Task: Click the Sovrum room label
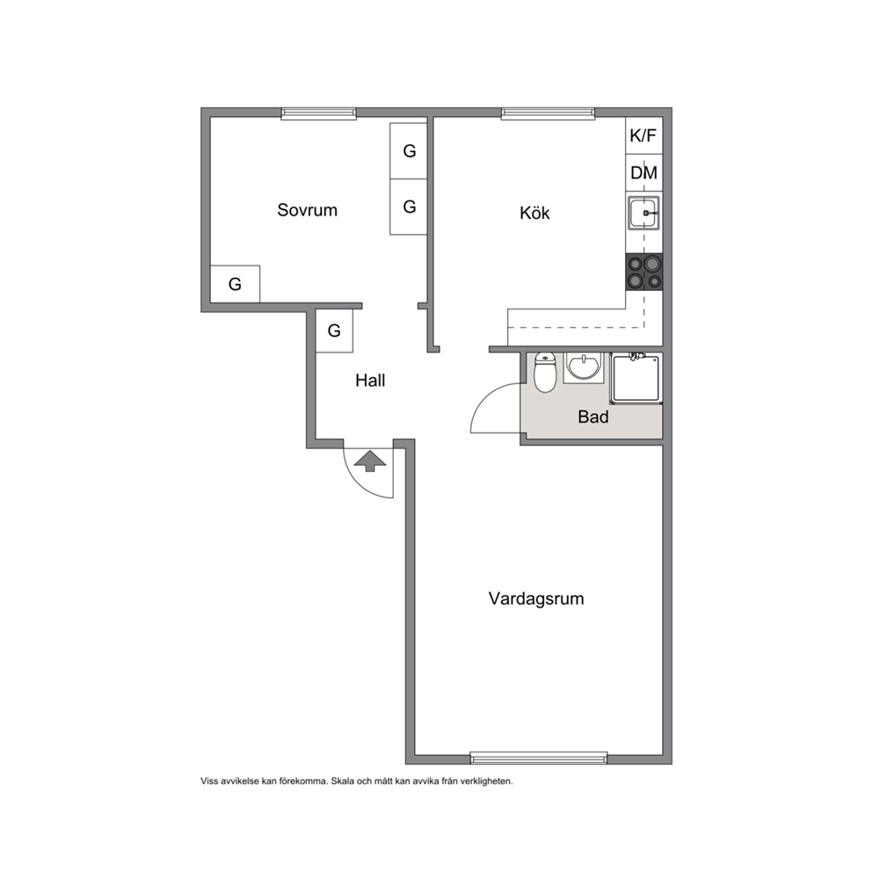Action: [x=307, y=210]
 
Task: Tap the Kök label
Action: [x=534, y=213]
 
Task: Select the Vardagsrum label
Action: [x=536, y=599]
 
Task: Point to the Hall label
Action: [x=370, y=381]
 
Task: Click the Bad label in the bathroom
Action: [x=592, y=417]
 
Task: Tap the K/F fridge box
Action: [x=644, y=135]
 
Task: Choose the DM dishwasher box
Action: [x=644, y=173]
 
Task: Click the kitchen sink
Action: [x=644, y=213]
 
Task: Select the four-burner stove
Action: [x=644, y=272]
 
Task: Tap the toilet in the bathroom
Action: [x=544, y=374]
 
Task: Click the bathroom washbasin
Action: [x=583, y=367]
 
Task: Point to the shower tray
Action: [x=636, y=378]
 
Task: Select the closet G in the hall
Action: [x=334, y=331]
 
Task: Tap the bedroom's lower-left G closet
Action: [x=235, y=284]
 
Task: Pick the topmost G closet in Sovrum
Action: [x=409, y=150]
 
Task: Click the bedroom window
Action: [x=319, y=113]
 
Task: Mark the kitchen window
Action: [x=548, y=113]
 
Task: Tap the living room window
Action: [x=539, y=758]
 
